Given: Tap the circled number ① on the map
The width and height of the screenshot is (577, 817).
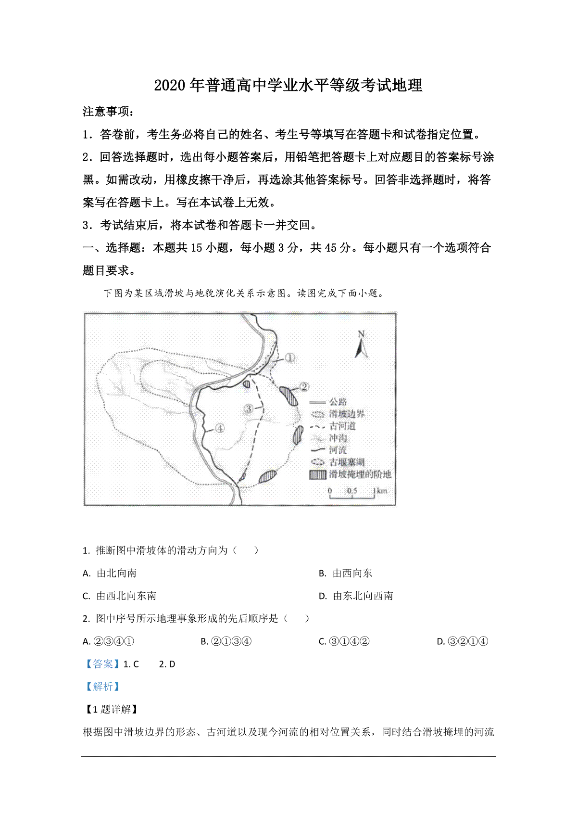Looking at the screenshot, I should click(x=289, y=357).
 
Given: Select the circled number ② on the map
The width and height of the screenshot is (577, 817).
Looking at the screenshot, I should click(x=304, y=387).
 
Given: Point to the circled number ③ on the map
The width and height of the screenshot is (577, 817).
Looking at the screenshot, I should click(x=249, y=408).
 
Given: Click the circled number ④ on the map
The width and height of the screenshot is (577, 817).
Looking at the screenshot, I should click(x=220, y=428).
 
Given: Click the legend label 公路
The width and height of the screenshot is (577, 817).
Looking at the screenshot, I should click(x=338, y=402).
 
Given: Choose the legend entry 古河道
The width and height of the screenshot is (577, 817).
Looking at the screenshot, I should click(x=342, y=426).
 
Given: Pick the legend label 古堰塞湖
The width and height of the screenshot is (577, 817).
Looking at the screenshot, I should click(x=347, y=462).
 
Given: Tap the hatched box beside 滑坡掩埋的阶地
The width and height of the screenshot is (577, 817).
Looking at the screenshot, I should click(x=318, y=474).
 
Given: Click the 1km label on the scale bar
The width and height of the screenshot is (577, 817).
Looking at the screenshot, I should click(x=380, y=491).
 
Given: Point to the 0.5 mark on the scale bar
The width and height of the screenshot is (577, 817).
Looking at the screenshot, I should click(x=352, y=491).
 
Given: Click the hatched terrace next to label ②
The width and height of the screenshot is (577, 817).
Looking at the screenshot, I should click(x=289, y=396).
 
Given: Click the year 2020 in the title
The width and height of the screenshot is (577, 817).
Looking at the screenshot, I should click(x=170, y=85).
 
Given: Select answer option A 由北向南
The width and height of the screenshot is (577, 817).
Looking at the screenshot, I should click(x=110, y=573).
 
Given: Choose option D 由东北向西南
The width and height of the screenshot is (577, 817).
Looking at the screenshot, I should click(x=356, y=596).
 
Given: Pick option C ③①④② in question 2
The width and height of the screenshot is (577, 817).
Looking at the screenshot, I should click(x=344, y=641).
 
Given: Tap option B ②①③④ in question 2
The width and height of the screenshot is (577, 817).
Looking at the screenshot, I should click(x=226, y=641).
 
